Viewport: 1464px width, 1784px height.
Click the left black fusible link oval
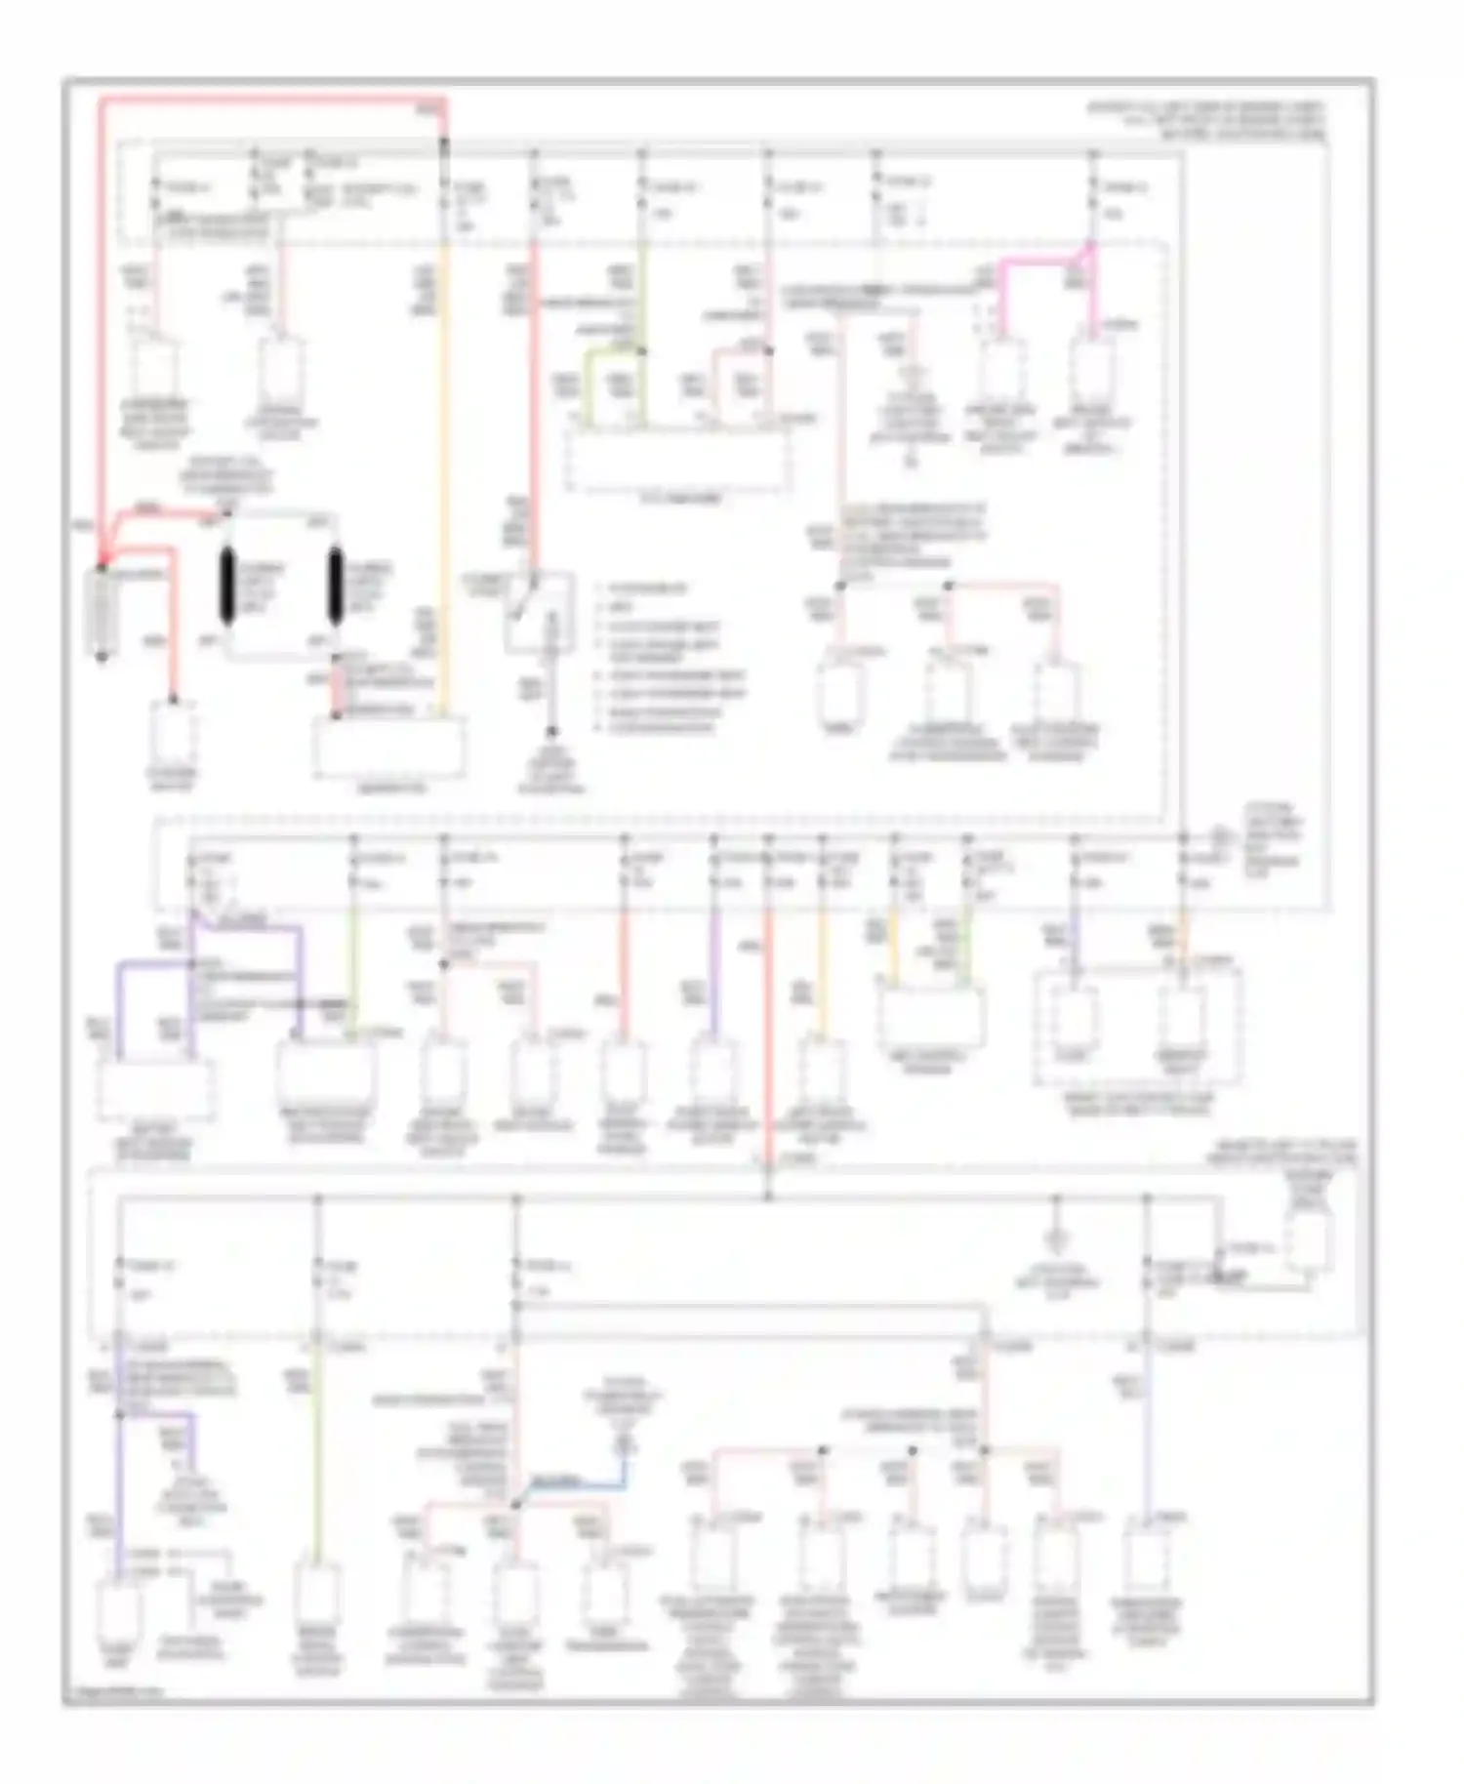pos(227,586)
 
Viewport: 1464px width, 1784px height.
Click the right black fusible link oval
pos(335,586)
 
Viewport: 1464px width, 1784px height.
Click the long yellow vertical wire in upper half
pos(444,439)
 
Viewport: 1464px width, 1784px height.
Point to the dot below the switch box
pos(551,731)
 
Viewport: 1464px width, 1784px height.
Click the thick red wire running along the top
pos(273,100)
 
